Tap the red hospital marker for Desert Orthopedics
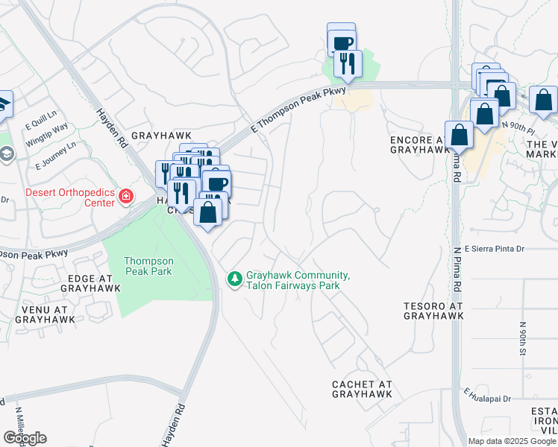pos(126,197)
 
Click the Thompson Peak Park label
pos(148,266)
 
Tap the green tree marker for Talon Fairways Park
pos(234,279)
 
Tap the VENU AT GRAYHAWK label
pos(43,314)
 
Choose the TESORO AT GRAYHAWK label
pos(433,311)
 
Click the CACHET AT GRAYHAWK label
pos(362,389)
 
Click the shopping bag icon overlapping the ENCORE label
pos(460,136)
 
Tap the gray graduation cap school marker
pos(7,154)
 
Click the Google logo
pos(25,438)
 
